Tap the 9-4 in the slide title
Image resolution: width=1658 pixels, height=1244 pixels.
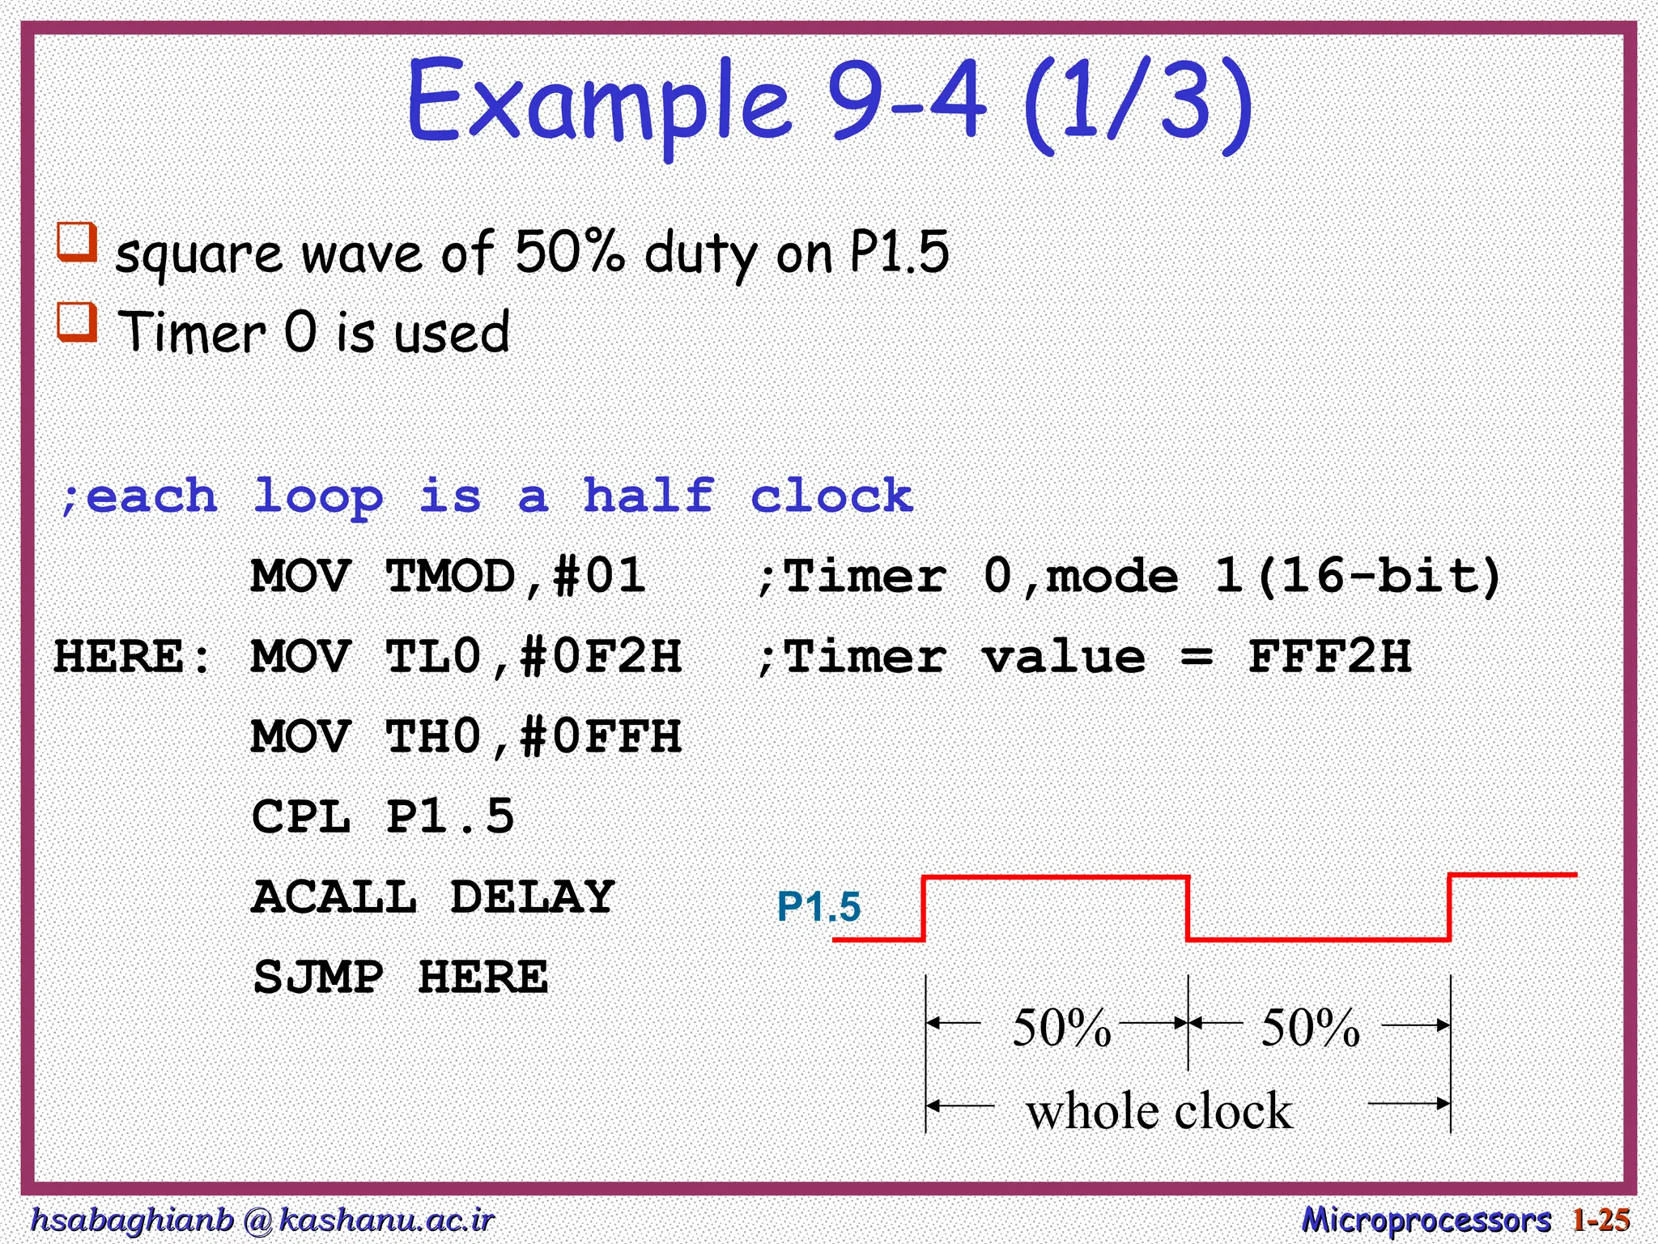[x=907, y=101]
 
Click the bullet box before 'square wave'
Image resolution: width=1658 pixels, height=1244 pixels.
[x=77, y=242]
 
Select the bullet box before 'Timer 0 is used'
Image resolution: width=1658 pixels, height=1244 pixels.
[x=77, y=322]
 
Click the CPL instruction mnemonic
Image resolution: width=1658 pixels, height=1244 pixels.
[x=301, y=816]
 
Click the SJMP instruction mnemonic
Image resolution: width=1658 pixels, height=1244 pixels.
[x=318, y=977]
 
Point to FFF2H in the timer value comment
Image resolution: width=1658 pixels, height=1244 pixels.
[x=1329, y=656]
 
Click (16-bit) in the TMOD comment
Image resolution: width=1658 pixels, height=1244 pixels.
[x=1380, y=576]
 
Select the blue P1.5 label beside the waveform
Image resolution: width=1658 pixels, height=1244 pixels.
[x=818, y=906]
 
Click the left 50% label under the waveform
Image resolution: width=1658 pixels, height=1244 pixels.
[x=1061, y=1029]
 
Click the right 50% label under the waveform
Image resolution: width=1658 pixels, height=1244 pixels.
[x=1311, y=1029]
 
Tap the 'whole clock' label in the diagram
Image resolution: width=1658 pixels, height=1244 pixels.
[x=1159, y=1110]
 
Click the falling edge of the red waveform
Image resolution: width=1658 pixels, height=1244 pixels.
[x=1188, y=908]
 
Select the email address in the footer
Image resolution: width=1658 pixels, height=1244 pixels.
[x=261, y=1219]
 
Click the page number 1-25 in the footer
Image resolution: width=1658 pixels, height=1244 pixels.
[x=1601, y=1219]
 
